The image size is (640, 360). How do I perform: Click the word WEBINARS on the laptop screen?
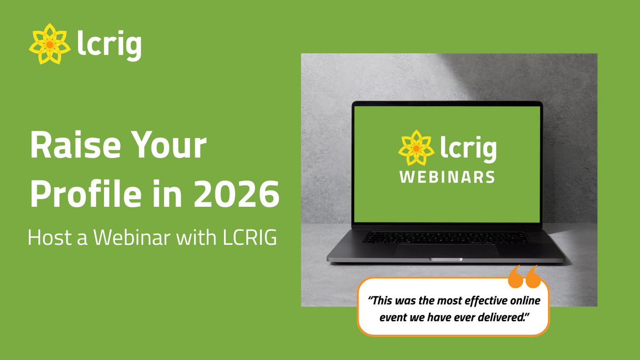pyautogui.click(x=447, y=177)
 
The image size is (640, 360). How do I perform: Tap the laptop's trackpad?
pyautogui.click(x=447, y=251)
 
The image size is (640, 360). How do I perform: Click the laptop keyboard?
pyautogui.click(x=447, y=237)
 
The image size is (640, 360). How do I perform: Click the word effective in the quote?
pyautogui.click(x=473, y=301)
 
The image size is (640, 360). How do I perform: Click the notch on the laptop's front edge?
pyautogui.click(x=447, y=259)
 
